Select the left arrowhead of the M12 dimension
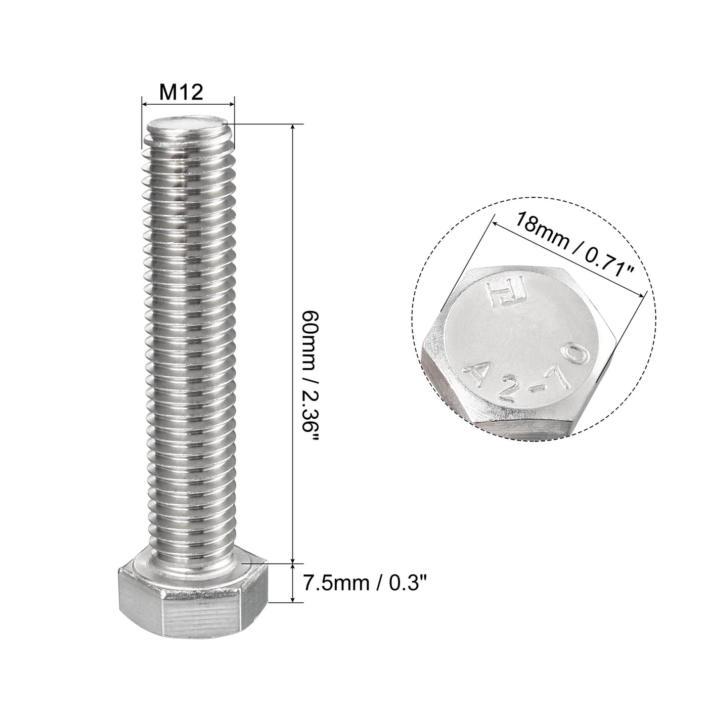[x=144, y=105]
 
